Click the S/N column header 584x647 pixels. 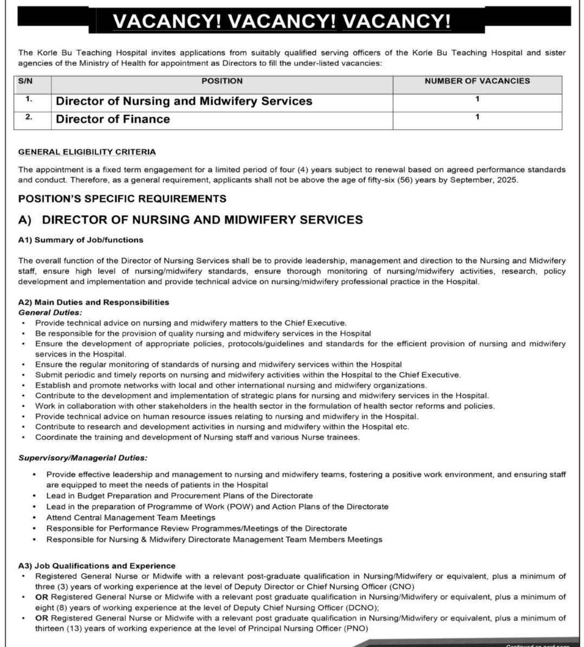click(25, 81)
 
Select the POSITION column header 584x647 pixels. click(222, 81)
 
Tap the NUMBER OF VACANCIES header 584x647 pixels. click(477, 81)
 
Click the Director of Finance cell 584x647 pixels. click(113, 119)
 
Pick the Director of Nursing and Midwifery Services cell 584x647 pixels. click(184, 101)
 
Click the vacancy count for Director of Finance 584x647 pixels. click(477, 117)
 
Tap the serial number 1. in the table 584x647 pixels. click(29, 99)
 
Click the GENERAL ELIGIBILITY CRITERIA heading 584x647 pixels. click(87, 152)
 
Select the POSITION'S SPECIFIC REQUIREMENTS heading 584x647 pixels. click(122, 198)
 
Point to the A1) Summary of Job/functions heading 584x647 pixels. click(81, 239)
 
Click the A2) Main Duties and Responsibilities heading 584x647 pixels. click(93, 302)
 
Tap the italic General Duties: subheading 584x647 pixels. click(50, 312)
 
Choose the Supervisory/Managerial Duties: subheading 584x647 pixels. click(82, 458)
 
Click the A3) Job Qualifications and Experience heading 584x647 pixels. click(96, 566)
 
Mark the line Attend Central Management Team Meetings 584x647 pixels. click(131, 517)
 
